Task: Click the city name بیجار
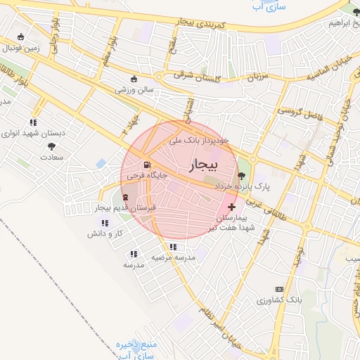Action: tap(205, 164)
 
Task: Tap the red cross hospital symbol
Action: tap(232, 207)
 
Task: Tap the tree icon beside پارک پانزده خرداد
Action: tap(242, 176)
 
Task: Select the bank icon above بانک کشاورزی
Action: tap(279, 289)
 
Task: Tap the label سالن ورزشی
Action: tap(134, 89)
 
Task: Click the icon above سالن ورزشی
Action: tap(134, 78)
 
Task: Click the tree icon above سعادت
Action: tap(51, 146)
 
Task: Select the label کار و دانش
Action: tap(109, 233)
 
